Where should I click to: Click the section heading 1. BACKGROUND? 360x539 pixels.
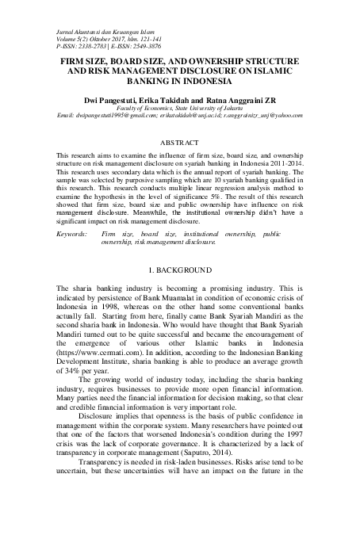click(x=179, y=271)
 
